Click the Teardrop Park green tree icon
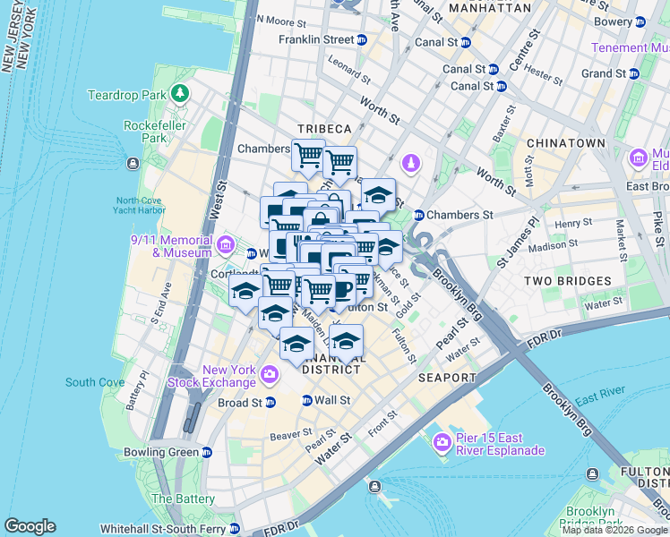point(181,93)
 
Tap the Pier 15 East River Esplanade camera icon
point(441,442)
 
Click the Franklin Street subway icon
point(362,40)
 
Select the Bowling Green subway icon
point(207,452)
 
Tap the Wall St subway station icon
point(307,400)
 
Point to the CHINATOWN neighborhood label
point(565,143)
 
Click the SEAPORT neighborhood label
point(446,378)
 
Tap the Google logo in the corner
point(30,526)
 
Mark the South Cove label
point(95,382)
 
